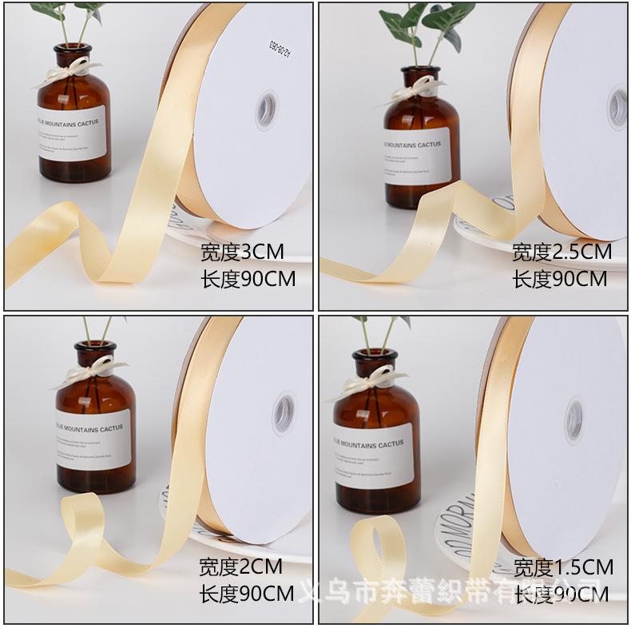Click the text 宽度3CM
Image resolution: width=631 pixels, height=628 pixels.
tap(241, 253)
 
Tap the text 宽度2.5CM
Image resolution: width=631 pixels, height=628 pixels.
tap(562, 252)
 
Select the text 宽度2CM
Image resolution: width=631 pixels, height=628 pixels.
tap(240, 567)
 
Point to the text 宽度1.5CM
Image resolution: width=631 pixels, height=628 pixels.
tap(563, 568)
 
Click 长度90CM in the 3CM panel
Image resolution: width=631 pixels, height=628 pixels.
tap(247, 279)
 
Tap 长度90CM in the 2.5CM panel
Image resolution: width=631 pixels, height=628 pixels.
tap(559, 279)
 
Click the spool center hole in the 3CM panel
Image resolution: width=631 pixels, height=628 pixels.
tap(266, 110)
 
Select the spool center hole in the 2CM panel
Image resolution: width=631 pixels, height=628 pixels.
tap(284, 413)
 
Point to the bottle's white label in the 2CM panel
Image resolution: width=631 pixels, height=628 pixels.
tap(94, 439)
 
